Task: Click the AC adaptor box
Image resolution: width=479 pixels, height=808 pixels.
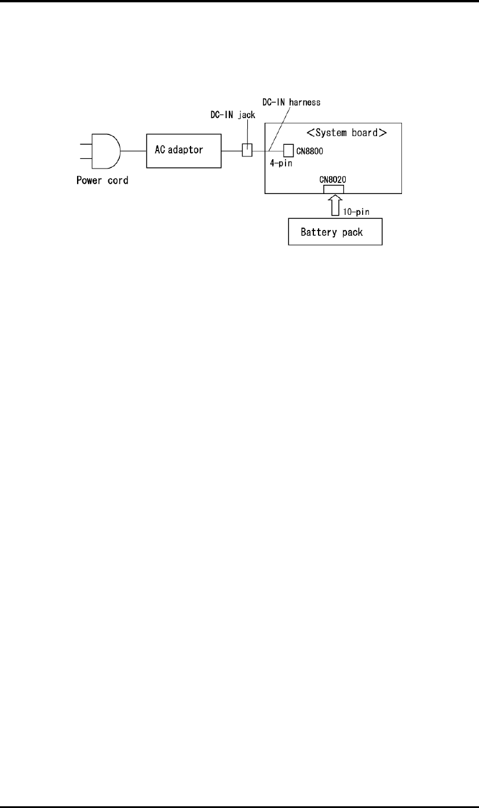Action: coord(184,151)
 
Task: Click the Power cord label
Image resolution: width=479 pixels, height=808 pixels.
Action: coord(103,180)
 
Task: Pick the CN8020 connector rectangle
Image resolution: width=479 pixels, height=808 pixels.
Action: coord(332,189)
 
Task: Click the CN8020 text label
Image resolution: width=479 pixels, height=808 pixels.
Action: coord(332,180)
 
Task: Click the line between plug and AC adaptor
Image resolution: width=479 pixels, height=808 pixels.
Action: coord(134,151)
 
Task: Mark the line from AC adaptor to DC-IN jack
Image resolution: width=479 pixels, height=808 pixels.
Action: coord(232,151)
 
